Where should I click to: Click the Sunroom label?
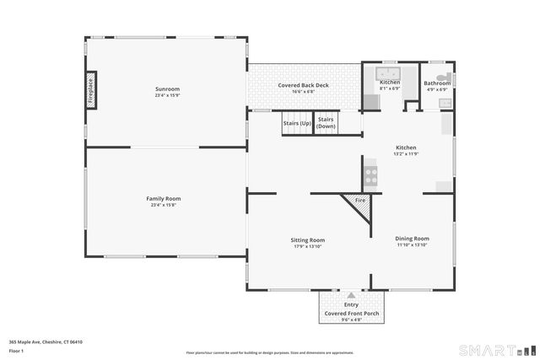[x=166, y=89]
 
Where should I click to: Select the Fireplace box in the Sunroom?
[x=90, y=90]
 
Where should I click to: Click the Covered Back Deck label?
[x=302, y=85]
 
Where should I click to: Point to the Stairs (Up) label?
[x=297, y=122]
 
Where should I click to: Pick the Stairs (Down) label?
[x=326, y=122]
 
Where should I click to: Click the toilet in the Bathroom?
[x=440, y=73]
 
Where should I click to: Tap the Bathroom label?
[x=436, y=83]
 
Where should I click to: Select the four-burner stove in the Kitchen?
[x=370, y=177]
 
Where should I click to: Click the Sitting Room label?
[x=308, y=239]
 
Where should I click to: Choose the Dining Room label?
[x=413, y=239]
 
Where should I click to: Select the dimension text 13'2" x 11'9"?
[x=406, y=154]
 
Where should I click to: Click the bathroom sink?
[x=445, y=102]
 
